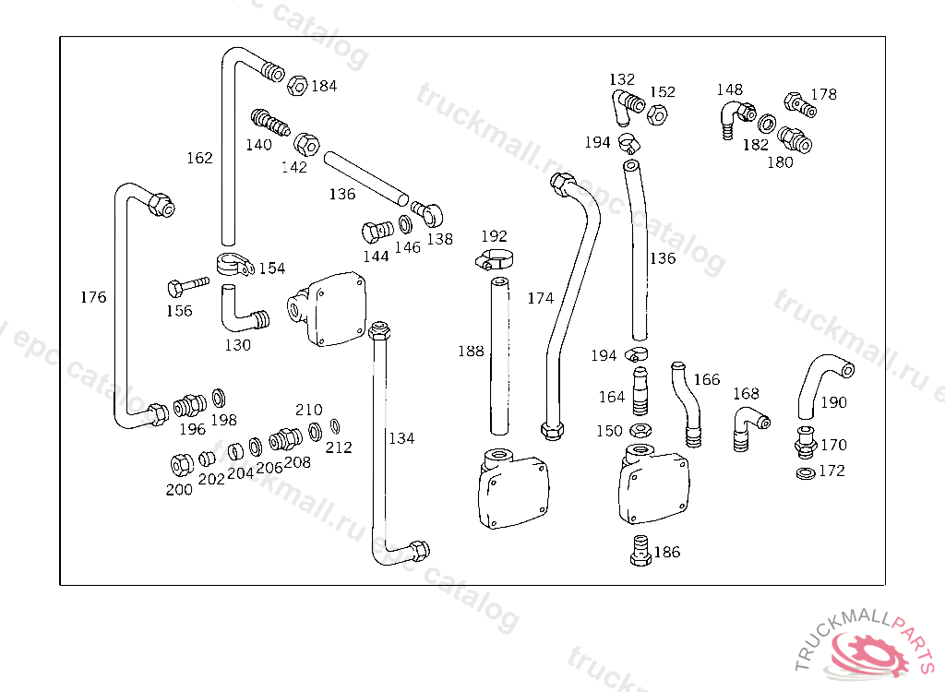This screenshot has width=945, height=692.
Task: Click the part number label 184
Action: [x=324, y=86]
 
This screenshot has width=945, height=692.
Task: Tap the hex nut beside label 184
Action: [x=297, y=86]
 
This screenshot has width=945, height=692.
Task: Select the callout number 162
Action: [x=199, y=158]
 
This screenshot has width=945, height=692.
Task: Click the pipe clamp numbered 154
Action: [x=234, y=265]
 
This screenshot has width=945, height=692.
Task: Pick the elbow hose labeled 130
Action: [x=244, y=308]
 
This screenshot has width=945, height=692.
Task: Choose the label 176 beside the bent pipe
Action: [x=93, y=297]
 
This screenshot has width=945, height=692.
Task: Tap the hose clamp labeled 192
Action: [x=494, y=260]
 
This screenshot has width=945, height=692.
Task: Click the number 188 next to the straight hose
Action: [x=471, y=351]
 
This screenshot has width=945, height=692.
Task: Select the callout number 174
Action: [x=540, y=298]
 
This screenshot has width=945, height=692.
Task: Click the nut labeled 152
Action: [x=657, y=113]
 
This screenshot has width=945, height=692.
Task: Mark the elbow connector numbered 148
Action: [x=737, y=119]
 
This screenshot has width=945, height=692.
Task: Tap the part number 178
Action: [x=823, y=95]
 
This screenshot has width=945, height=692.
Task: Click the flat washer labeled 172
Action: [x=805, y=473]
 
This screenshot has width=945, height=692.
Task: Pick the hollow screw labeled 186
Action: [x=640, y=550]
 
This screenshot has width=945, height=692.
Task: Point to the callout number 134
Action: [x=401, y=438]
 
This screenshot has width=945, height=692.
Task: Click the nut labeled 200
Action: [x=182, y=465]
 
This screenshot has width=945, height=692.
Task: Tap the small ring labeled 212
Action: [x=335, y=427]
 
